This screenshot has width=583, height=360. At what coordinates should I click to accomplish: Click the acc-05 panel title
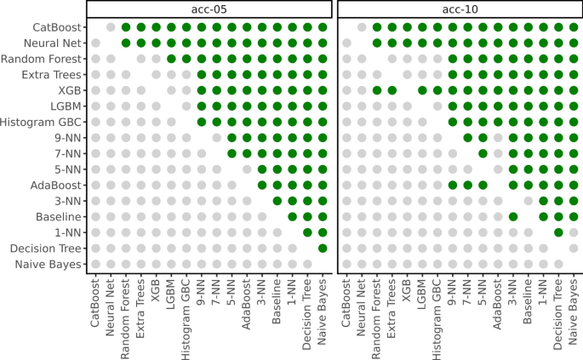[x=209, y=9]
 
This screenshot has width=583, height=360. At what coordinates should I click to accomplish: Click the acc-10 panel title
[x=460, y=9]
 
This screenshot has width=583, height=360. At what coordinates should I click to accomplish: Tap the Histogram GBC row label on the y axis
[x=43, y=122]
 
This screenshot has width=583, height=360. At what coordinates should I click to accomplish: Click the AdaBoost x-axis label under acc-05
[x=246, y=298]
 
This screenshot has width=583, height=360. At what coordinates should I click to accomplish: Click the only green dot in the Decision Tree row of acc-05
[x=323, y=248]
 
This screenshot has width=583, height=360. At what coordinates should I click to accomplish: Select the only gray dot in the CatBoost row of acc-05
[x=111, y=27]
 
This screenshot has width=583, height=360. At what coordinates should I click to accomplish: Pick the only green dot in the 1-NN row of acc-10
[x=558, y=232]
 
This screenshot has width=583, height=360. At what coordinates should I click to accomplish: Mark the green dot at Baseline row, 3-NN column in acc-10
[x=513, y=216]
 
